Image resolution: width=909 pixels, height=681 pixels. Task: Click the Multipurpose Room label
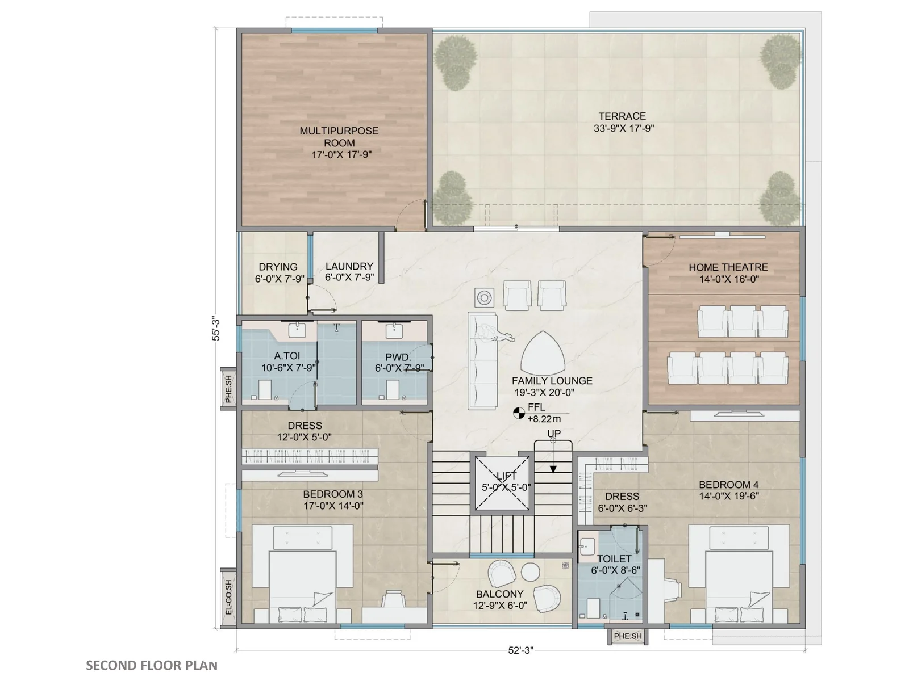339,137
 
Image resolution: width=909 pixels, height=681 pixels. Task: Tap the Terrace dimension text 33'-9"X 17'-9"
624,129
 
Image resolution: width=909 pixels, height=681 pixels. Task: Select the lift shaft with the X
502,483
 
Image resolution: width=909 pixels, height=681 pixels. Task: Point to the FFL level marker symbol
519,413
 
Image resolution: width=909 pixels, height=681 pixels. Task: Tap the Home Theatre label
728,267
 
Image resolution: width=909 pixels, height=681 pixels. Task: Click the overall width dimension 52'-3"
520,650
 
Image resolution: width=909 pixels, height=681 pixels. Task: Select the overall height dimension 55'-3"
216,329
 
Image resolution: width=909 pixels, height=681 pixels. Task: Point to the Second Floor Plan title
152,665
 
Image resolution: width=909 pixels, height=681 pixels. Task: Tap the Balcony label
499,594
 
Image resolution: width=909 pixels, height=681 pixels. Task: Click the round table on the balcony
530,572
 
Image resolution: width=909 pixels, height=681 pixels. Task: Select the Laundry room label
349,266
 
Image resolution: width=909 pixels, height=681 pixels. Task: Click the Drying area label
278,267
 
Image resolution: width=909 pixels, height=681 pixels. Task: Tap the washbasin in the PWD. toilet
394,331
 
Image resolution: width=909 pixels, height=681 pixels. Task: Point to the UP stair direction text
554,434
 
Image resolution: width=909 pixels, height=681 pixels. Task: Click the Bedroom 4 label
728,485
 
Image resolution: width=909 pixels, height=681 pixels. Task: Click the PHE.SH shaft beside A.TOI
228,389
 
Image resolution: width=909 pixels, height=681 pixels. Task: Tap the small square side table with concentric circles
484,297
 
